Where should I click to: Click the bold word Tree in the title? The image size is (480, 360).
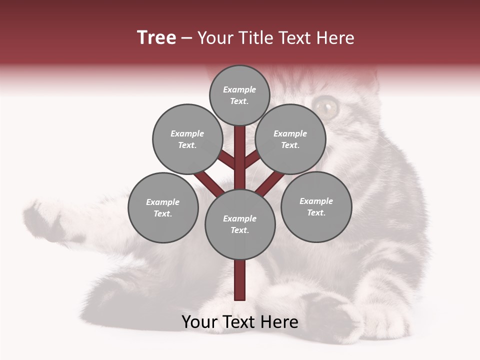coord(156,38)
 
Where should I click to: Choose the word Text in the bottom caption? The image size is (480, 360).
coord(240,322)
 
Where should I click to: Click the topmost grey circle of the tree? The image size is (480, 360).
coord(239,95)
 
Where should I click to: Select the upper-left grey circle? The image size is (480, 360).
coord(187,139)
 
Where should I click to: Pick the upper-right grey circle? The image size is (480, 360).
coord(290,139)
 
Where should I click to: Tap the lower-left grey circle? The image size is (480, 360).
coord(163,207)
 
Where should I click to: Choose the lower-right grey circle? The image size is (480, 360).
coord(316,206)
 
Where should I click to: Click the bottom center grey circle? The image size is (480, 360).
coord(240,224)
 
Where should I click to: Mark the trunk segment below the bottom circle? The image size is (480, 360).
coord(240,280)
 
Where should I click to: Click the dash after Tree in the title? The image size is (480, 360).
coord(186,38)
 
